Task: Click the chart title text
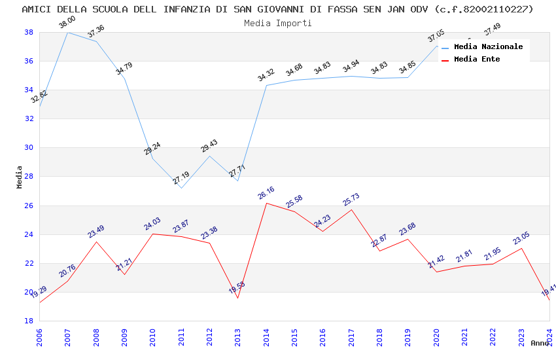click(278, 9)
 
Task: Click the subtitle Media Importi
click(278, 23)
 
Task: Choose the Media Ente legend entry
click(477, 60)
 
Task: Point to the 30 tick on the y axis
click(29, 148)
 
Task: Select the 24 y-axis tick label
click(29, 234)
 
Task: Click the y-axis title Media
click(20, 177)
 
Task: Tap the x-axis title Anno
click(540, 343)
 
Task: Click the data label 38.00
click(67, 23)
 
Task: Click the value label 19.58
click(237, 287)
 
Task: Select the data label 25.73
click(351, 200)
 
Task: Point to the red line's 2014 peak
click(266, 203)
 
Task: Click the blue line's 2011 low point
click(181, 188)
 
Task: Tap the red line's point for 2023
click(521, 248)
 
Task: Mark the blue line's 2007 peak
click(67, 32)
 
